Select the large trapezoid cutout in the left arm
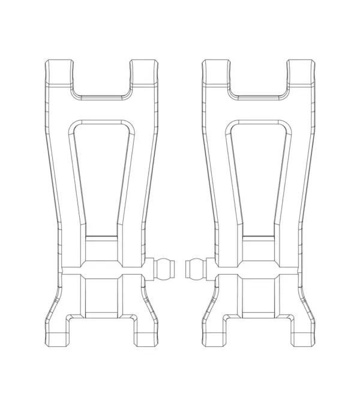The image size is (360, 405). click(100, 174)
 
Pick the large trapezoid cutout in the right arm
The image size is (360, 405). click(259, 174)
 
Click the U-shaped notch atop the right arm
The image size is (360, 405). click(258, 78)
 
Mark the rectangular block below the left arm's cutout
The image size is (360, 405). click(101, 250)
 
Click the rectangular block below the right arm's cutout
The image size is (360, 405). click(259, 250)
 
